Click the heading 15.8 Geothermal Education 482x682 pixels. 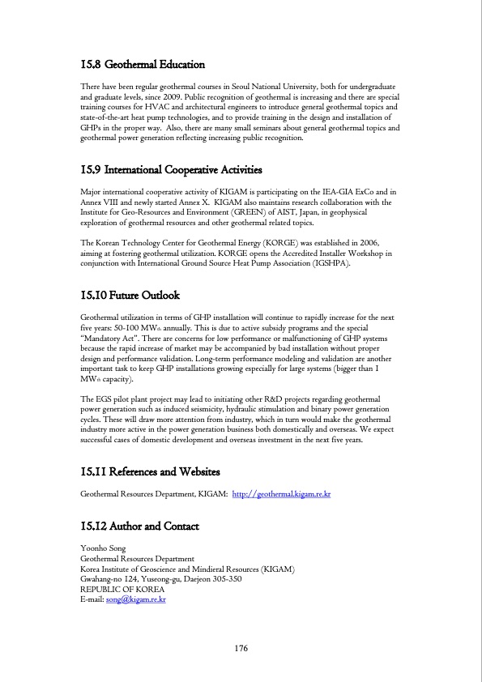[143, 64]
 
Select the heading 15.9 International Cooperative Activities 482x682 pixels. [172, 170]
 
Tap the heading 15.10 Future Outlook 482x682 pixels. [130, 296]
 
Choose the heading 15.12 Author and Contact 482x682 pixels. [140, 527]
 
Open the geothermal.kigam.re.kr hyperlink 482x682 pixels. [282, 493]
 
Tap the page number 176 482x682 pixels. [241, 649]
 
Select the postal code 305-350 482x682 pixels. [245, 580]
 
